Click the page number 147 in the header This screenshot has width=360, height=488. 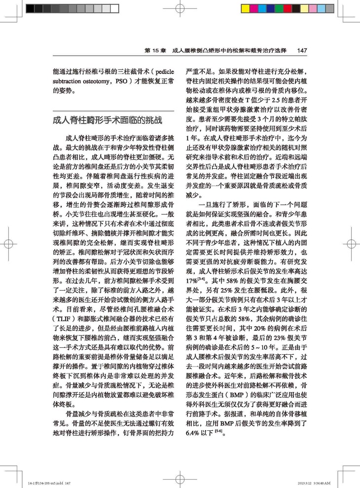303,50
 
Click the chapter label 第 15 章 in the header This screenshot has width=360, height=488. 155,50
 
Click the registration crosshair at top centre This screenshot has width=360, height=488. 180,8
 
